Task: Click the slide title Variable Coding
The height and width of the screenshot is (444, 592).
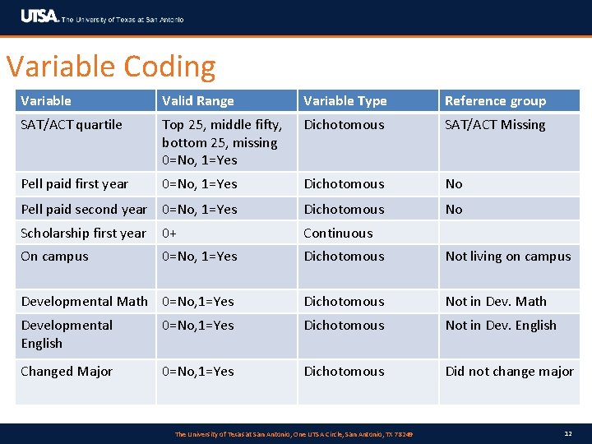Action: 111,67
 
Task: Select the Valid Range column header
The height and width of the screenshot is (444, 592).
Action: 198,101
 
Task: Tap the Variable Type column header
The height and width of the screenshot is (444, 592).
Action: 345,101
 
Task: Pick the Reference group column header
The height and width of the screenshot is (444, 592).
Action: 495,101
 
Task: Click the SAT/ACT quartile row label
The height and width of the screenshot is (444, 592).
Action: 72,125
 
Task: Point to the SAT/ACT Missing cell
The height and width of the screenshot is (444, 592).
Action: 495,125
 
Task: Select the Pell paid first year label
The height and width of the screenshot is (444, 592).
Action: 75,184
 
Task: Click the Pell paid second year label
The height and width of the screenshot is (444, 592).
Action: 84,210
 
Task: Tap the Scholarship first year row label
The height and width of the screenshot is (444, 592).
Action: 83,234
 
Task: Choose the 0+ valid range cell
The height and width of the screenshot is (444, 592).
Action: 169,234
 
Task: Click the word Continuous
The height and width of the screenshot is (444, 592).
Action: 338,234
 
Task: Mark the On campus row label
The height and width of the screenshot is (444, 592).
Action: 54,257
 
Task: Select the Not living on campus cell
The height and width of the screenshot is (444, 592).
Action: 507,257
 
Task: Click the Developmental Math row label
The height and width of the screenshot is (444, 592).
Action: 84,302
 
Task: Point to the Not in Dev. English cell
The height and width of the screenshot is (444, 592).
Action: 501,326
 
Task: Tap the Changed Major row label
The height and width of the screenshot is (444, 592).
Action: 67,372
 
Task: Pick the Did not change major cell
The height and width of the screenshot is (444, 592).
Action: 509,372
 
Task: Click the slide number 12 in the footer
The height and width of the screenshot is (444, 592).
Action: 568,433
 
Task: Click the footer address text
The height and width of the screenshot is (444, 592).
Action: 294,434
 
